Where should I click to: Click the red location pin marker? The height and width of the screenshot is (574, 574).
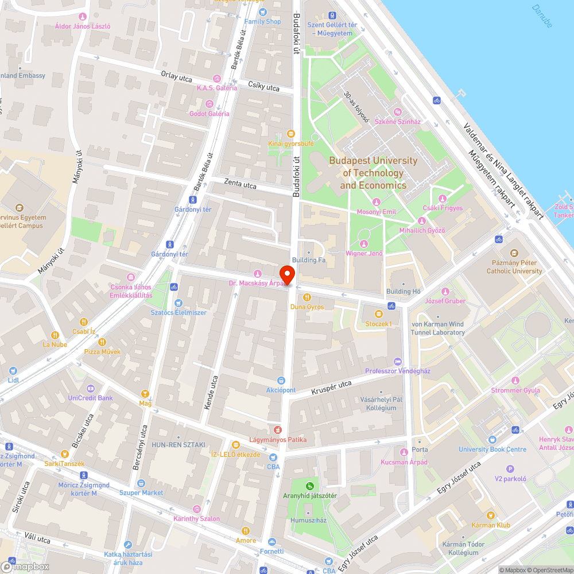point(286,274)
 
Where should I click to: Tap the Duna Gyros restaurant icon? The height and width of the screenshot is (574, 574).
point(307,297)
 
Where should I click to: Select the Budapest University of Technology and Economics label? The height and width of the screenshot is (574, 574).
point(373,173)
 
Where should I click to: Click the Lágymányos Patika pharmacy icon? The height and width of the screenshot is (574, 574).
point(278,429)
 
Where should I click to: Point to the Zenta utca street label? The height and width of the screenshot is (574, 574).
point(241,185)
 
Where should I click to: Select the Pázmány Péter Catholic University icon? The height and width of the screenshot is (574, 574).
point(514,253)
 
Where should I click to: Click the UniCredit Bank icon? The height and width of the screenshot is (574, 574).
point(90,388)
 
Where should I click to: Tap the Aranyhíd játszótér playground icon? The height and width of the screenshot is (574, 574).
point(310,486)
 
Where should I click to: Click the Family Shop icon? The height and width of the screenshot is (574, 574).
point(262,12)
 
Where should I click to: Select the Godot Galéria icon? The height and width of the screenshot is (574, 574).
point(210,104)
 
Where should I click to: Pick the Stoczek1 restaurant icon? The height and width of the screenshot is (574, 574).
point(378,314)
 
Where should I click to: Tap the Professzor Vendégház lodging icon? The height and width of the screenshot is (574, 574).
point(398,361)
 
